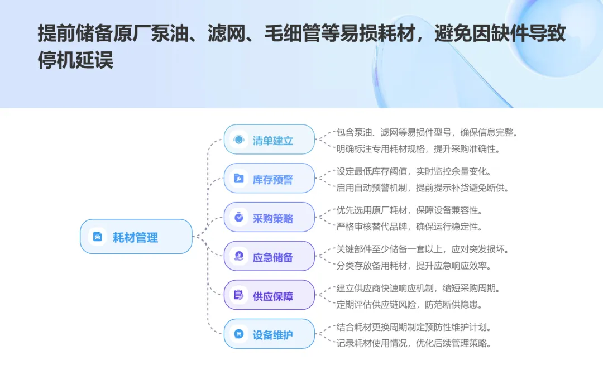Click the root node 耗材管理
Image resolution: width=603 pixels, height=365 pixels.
(x=136, y=237)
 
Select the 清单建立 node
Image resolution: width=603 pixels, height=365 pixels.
(x=269, y=140)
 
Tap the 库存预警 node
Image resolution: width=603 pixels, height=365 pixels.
(x=269, y=179)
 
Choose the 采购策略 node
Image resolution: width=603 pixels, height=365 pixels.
(x=269, y=218)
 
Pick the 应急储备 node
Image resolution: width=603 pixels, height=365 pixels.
(x=269, y=257)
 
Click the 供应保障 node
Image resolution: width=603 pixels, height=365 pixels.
(x=269, y=296)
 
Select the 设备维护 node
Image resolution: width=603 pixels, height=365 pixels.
(x=269, y=335)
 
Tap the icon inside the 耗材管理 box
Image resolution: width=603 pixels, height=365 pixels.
(x=98, y=237)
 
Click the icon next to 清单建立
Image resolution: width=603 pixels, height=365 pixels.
(x=239, y=140)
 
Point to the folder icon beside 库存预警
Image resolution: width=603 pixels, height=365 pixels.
(x=239, y=179)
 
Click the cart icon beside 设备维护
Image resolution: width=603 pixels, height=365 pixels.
(x=239, y=334)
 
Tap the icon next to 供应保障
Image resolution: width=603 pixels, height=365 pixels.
(x=239, y=295)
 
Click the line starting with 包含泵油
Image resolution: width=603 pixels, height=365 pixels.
(x=428, y=132)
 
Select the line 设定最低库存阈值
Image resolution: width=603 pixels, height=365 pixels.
(x=414, y=171)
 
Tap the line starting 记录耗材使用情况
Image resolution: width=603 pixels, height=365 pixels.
(x=414, y=343)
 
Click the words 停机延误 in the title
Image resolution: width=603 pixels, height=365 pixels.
(x=75, y=60)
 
